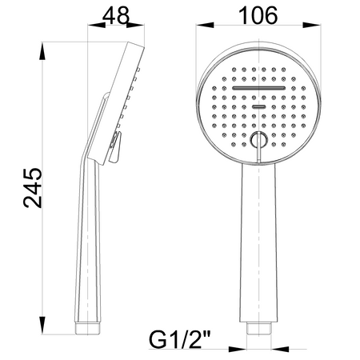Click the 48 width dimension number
(117, 15)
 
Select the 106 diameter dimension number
(258, 15)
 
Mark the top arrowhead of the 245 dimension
(46, 48)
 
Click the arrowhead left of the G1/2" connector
(242, 349)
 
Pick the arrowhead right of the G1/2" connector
(274, 349)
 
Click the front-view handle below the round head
(258, 240)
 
